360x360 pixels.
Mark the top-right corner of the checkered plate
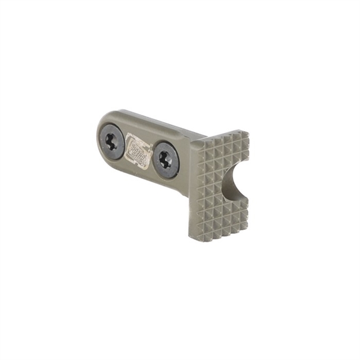point(249,132)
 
